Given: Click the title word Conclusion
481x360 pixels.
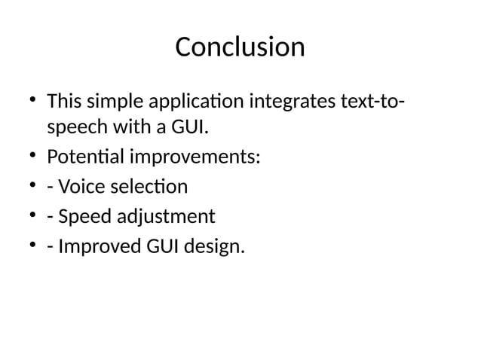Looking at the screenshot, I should (x=240, y=47).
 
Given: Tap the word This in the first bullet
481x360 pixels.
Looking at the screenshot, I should (x=64, y=100).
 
